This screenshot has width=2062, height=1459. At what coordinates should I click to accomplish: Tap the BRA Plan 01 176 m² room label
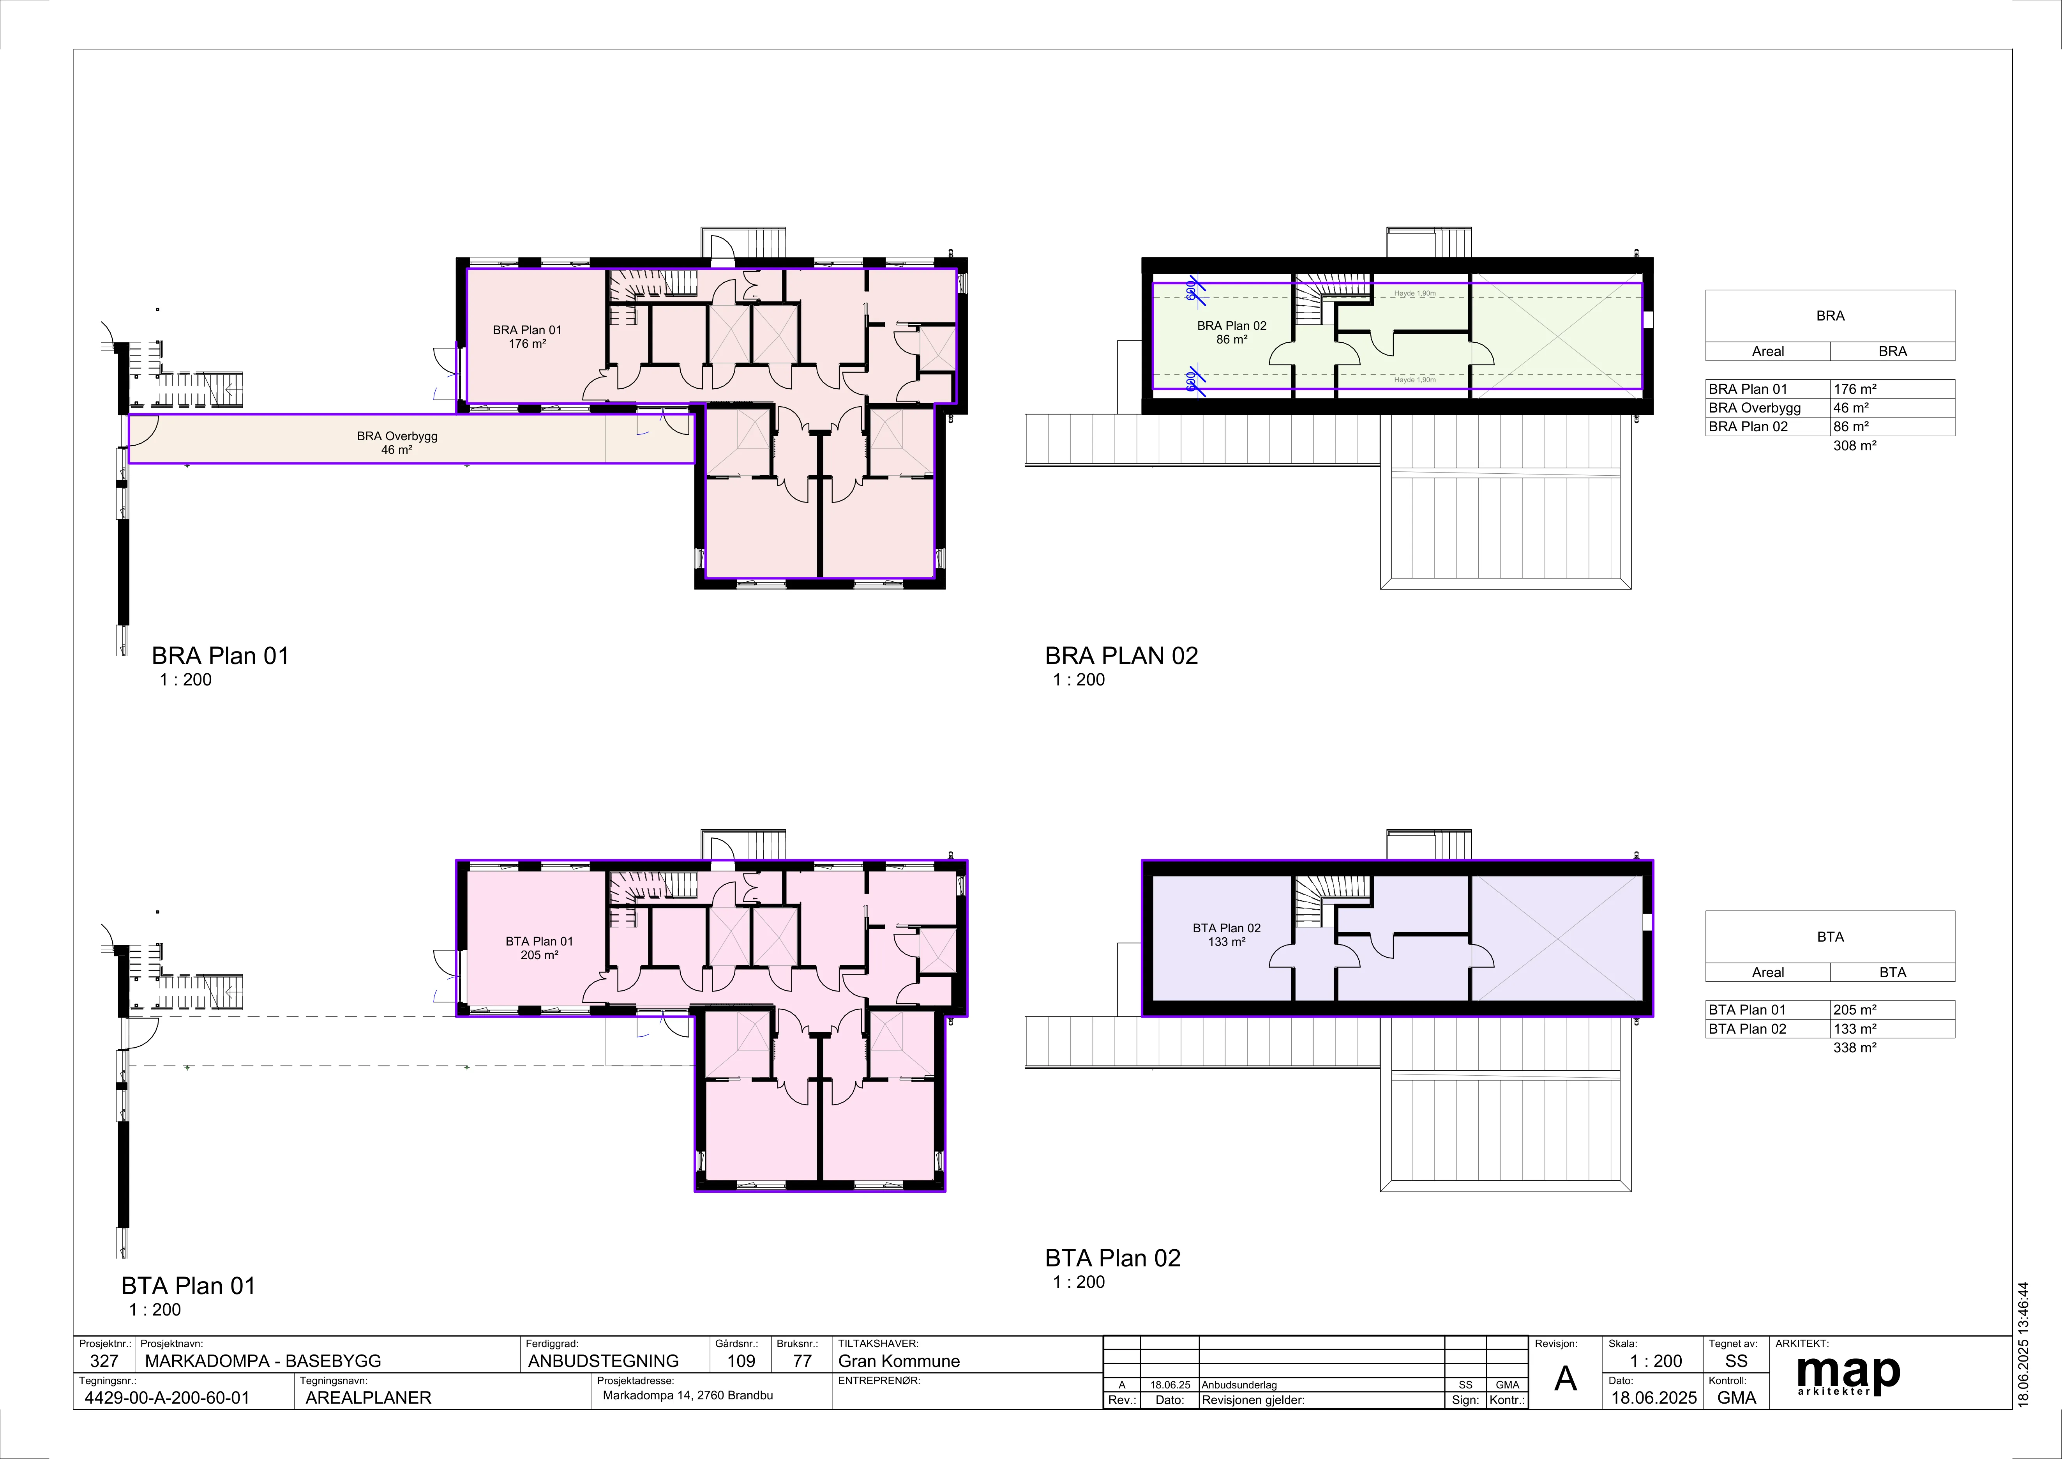527,337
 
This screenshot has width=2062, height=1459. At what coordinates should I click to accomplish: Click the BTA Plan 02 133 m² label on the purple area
1227,934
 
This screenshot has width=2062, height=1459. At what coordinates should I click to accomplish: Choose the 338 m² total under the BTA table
1855,1048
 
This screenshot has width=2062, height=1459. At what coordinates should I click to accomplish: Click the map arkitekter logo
1848,1374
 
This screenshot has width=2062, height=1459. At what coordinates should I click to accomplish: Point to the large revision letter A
1565,1379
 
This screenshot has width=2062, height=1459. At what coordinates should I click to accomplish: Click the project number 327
104,1361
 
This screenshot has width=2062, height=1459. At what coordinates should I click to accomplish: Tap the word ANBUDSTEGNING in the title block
604,1361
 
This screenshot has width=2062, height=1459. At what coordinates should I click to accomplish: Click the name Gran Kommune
899,1361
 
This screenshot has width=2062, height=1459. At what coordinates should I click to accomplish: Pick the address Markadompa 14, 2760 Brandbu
688,1395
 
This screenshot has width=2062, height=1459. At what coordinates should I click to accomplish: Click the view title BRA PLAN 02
1122,656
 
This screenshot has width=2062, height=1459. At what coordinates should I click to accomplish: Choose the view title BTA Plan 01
189,1285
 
